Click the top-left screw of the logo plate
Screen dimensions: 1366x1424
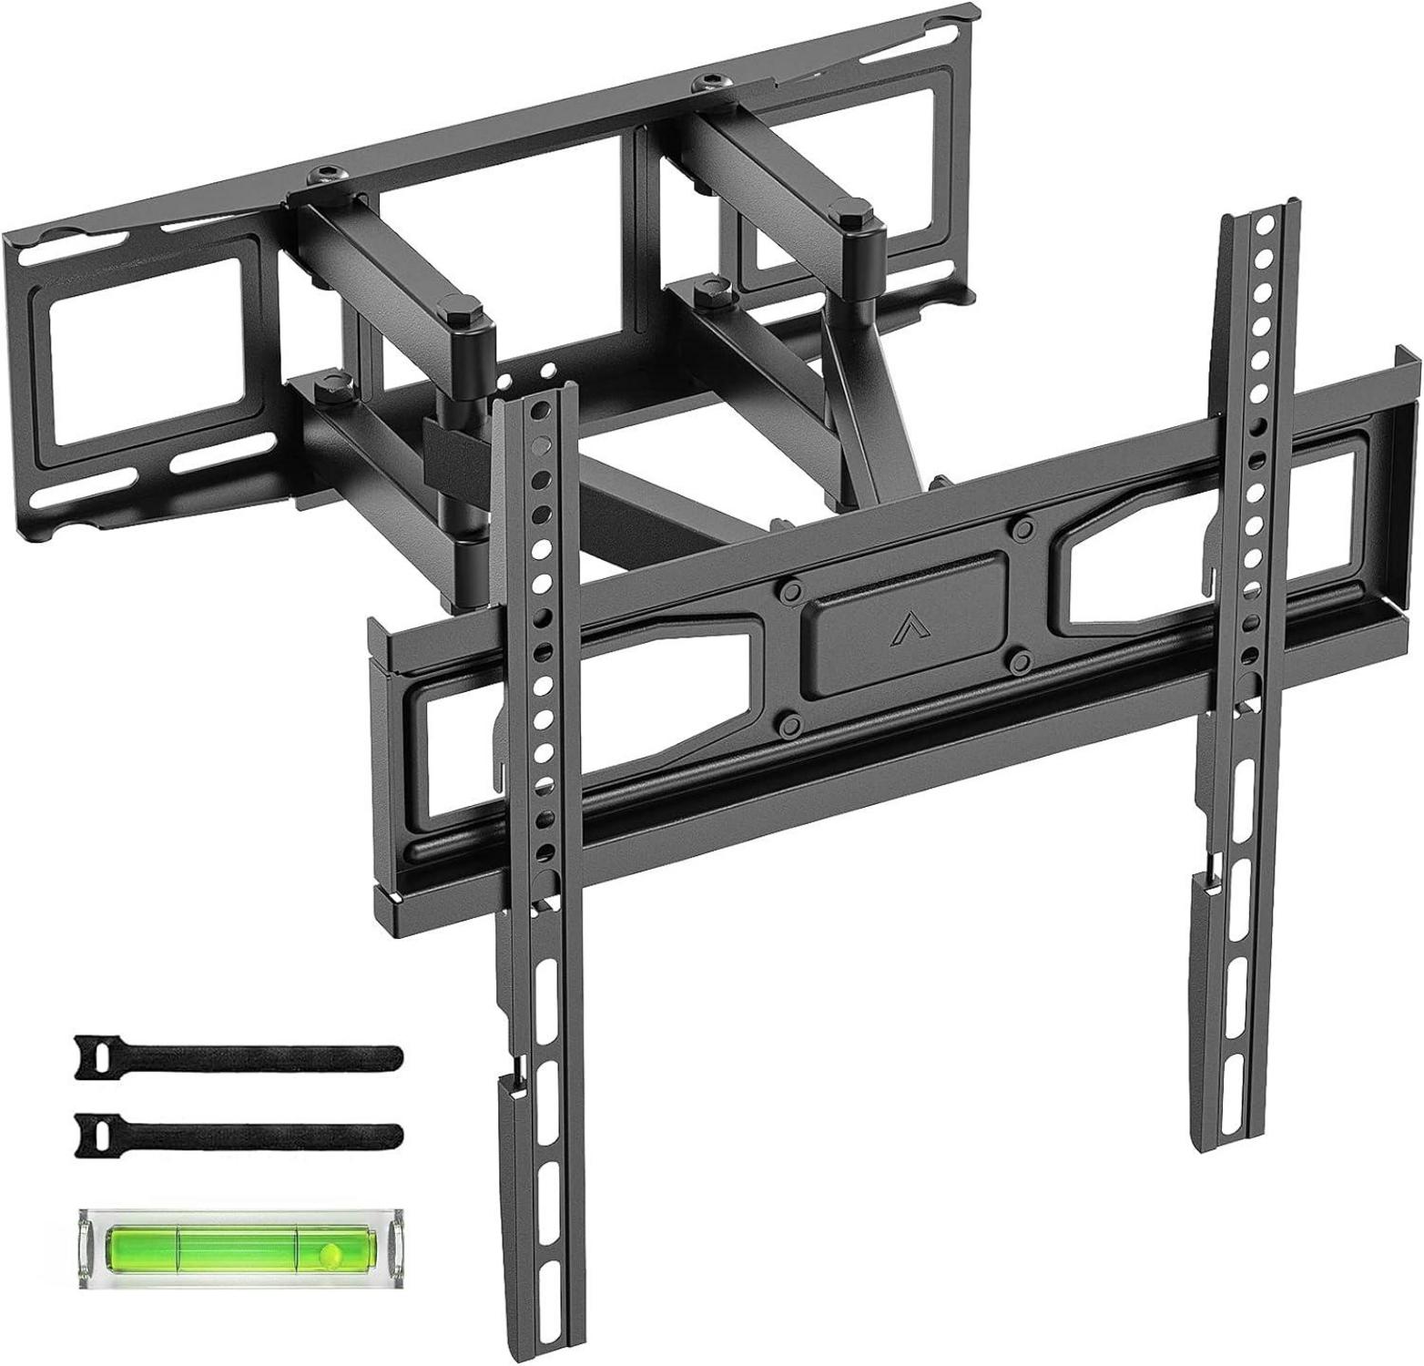[784, 589]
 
